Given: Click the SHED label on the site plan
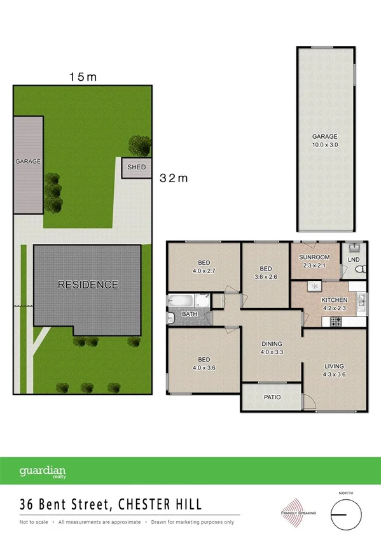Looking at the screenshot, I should (137, 167).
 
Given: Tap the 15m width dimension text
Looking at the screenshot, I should (83, 78).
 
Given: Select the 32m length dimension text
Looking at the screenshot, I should (174, 178).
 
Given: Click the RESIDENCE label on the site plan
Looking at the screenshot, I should (88, 285).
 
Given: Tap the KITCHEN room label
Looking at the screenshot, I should (334, 299).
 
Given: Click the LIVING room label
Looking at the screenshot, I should (334, 366).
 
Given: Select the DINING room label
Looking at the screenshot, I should (272, 344).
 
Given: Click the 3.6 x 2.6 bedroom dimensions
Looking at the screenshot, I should (265, 277).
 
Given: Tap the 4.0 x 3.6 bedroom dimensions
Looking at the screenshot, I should (204, 367).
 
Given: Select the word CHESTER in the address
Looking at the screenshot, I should (137, 505).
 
